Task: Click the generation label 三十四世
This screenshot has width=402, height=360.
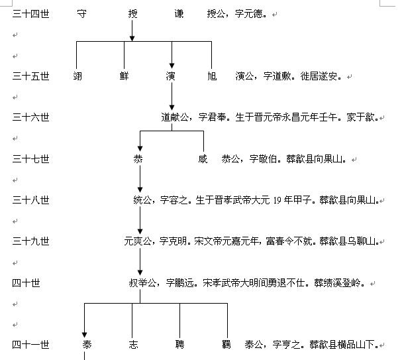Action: pos(30,13)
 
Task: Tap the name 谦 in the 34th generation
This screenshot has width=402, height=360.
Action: pos(179,13)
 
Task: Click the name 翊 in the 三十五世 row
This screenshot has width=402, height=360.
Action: pos(78,76)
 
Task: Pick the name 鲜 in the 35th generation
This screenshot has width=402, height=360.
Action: pos(125,76)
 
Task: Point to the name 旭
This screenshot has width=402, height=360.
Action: pos(211,76)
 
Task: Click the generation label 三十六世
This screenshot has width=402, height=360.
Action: pos(30,117)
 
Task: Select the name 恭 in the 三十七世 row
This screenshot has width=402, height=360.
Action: pos(138,159)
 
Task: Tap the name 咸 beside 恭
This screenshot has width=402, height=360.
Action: pos(203,159)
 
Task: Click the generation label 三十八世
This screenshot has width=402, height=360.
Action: pos(30,200)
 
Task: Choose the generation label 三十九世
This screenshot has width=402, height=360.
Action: pos(30,241)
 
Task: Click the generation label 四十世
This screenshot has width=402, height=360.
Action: pos(26,283)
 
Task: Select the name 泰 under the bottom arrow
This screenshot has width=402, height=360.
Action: pos(87,345)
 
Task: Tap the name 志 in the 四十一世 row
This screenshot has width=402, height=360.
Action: pos(132,345)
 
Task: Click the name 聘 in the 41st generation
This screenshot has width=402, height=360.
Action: pos(179,345)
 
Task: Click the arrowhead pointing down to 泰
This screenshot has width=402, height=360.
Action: pos(85,333)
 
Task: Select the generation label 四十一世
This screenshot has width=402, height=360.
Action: pos(30,345)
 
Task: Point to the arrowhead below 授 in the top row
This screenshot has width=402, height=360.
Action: pos(132,38)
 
